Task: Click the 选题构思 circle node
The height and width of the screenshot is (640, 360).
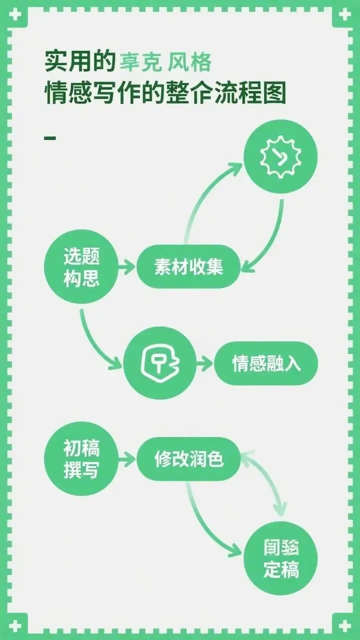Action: [x=81, y=266]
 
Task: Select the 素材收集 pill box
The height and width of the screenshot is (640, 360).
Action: [x=188, y=266]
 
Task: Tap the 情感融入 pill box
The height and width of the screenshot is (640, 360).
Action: [x=265, y=363]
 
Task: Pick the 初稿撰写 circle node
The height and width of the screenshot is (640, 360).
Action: [x=81, y=458]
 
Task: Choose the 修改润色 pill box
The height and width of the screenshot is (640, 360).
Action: [x=188, y=459]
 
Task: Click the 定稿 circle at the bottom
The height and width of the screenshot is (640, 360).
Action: [x=280, y=558]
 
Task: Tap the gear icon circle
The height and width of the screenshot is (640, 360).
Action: [x=280, y=157]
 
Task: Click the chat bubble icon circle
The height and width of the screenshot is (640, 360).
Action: [x=160, y=363]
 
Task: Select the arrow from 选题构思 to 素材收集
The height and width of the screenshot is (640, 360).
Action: [x=127, y=267]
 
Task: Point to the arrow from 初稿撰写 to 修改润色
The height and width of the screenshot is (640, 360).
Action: [x=127, y=459]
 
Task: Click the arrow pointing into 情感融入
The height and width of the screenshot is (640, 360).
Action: [x=204, y=363]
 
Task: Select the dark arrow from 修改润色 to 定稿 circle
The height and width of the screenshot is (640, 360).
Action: [x=205, y=525]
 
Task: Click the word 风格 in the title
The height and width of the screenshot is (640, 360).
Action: [x=190, y=63]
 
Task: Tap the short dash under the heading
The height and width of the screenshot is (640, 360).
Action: [x=50, y=137]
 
